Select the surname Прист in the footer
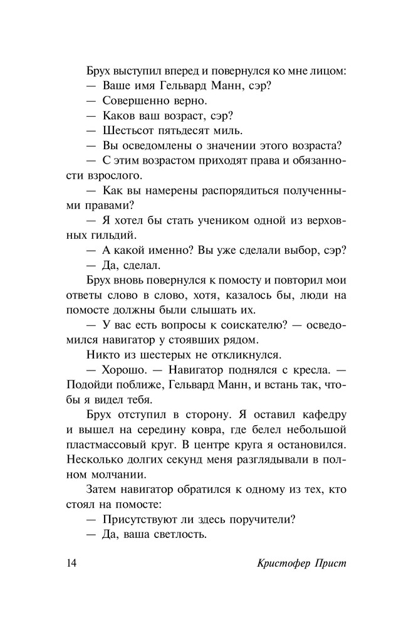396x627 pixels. [330, 562]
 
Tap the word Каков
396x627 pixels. [117, 115]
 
